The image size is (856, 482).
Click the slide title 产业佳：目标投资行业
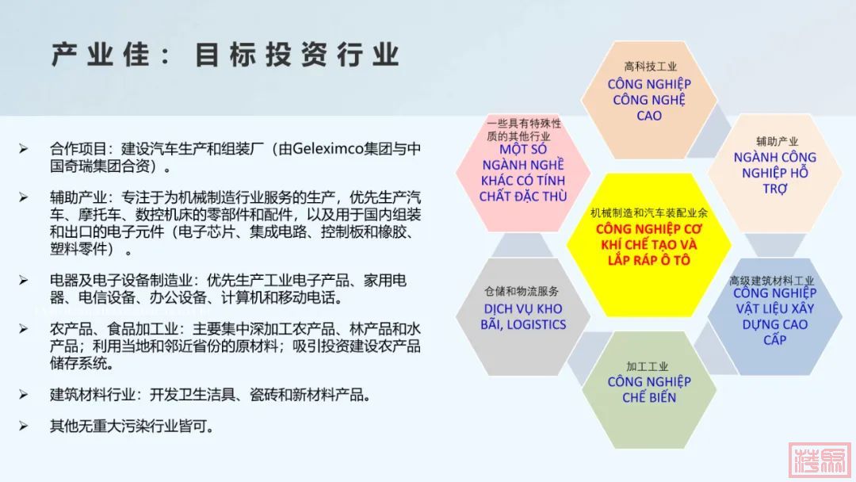pos(225,55)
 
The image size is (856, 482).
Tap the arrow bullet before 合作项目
pos(24,148)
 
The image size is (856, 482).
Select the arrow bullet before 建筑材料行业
pos(24,394)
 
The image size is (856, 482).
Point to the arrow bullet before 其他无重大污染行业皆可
pos(24,426)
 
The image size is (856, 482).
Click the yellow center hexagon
pos(648,245)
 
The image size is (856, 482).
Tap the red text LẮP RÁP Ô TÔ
pos(649,260)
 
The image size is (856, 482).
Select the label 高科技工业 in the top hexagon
pos(650,67)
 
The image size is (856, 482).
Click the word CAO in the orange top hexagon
pos(649,116)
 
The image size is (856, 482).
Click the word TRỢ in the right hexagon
pos(775,189)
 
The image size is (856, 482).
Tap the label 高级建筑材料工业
pos(771,281)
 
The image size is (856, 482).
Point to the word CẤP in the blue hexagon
pos(774,340)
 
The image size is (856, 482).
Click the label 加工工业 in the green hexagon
pos(648,366)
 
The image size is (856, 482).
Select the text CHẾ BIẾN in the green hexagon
pos(649,397)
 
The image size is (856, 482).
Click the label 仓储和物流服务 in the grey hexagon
pos(522,292)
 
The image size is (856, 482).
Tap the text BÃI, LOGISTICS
pos(523,325)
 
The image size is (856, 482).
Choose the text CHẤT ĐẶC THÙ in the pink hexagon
pos(523,197)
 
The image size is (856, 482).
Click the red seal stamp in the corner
pos(820,460)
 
